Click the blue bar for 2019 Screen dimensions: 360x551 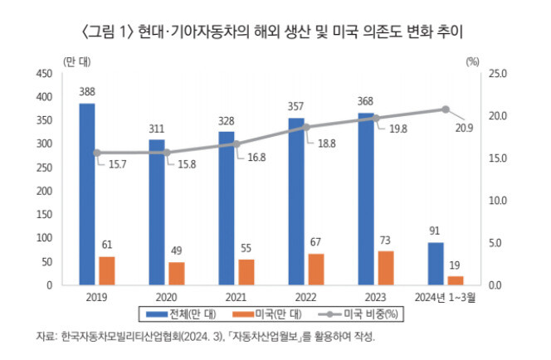[86, 194]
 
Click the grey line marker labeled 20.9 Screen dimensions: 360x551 [446, 109]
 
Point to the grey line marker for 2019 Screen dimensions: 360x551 [97, 153]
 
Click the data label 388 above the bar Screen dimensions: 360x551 [86, 92]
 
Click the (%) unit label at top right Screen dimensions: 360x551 [473, 61]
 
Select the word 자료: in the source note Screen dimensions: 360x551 [46, 338]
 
